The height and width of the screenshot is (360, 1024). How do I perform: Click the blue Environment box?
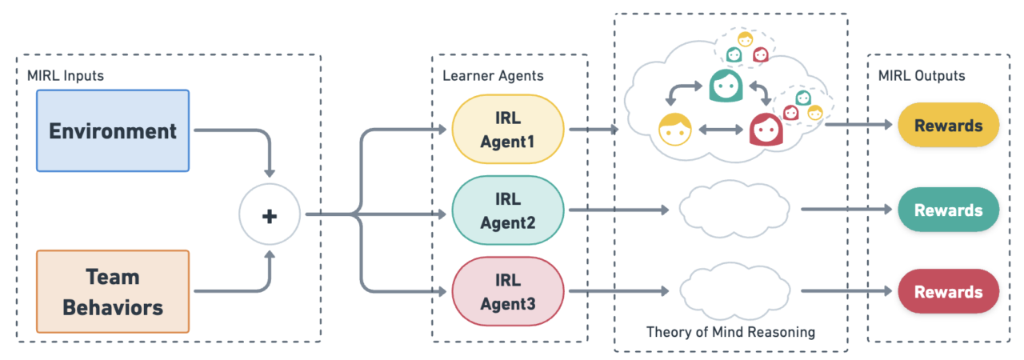tap(113, 130)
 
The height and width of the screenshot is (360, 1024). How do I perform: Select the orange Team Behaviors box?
tap(113, 291)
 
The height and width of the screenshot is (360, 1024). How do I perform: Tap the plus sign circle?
tap(270, 214)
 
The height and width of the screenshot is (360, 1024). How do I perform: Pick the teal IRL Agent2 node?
tap(508, 210)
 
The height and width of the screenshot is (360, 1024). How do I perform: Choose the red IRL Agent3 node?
tap(508, 291)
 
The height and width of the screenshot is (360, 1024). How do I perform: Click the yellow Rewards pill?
tap(948, 126)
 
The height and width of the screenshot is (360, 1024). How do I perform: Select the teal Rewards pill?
tap(948, 210)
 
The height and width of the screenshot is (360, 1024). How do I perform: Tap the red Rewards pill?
tap(948, 291)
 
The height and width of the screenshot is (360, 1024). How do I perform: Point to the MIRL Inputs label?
tap(66, 76)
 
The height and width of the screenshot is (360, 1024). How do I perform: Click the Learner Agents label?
tap(493, 76)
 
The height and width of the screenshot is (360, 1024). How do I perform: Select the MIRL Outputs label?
tap(922, 76)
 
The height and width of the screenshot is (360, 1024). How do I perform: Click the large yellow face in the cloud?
tap(674, 130)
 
